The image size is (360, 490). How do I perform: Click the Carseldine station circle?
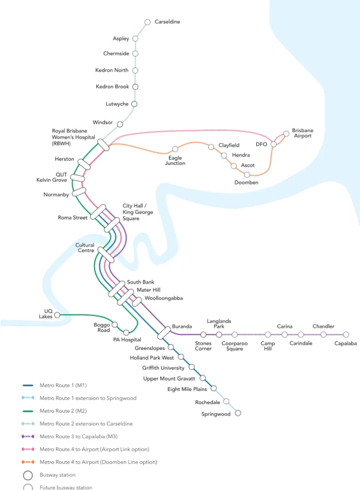(148, 22)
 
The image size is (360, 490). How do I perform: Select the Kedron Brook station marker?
(135, 87)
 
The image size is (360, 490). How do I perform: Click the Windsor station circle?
(120, 123)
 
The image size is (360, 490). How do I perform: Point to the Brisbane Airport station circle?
(286, 134)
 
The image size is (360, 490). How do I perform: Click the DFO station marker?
(273, 144)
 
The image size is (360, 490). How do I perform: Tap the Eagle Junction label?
(175, 160)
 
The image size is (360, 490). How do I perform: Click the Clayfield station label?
(228, 145)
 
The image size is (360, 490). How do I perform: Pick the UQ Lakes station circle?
(57, 315)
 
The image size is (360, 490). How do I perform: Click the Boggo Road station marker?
(114, 325)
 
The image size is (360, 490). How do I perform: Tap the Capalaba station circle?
(346, 334)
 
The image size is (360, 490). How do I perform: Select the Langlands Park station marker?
(219, 334)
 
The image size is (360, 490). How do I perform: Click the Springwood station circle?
(238, 413)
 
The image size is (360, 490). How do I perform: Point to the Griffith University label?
(163, 368)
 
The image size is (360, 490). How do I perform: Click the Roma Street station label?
(73, 218)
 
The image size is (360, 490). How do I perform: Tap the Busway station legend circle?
(28, 476)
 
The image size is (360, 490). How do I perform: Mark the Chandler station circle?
(323, 334)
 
